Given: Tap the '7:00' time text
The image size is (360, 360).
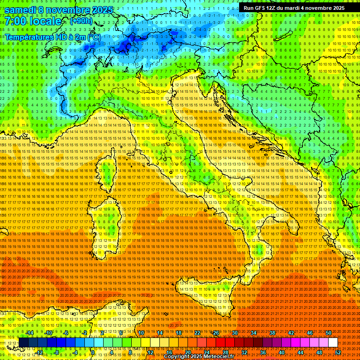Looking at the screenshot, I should tap(16, 21).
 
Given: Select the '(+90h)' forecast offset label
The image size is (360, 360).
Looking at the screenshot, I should tap(81, 21).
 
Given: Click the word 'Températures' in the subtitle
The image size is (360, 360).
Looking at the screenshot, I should tap(29, 37).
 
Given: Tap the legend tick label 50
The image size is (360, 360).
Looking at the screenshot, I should tap(329, 333).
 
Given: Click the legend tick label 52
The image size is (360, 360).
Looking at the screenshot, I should tap(338, 352).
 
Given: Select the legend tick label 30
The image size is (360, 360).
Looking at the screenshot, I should tap(235, 333).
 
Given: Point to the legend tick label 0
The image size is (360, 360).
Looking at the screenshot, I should tap(94, 352).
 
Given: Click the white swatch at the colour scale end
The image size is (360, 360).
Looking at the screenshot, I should tap(333, 343).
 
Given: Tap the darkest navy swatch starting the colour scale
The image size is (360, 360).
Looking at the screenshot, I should tap(23, 343).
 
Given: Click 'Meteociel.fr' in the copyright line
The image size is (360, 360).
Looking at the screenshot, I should tap(223, 357).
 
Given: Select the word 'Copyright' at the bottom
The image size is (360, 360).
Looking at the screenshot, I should tap(177, 357).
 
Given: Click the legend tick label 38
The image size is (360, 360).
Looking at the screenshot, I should tap(272, 333).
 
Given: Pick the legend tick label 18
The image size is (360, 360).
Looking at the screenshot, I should tap(179, 333).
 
